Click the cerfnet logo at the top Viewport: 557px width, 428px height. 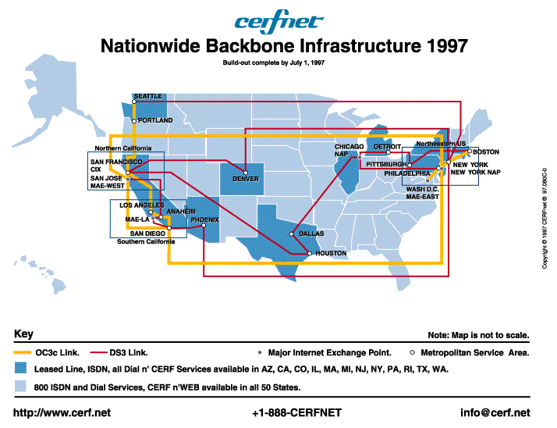(x=278, y=21)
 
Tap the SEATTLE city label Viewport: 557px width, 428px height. (x=148, y=96)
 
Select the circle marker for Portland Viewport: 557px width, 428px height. (x=134, y=121)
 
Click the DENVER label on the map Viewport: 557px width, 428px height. (x=246, y=179)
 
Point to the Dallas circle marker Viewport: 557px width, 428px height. (x=291, y=234)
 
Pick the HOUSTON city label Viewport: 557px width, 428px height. (x=331, y=253)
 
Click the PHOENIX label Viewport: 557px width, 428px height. (x=204, y=220)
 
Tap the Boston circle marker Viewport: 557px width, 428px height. (x=470, y=152)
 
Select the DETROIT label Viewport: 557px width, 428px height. (x=387, y=147)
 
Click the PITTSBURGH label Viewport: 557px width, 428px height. (x=386, y=164)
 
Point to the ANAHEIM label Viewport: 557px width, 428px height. (x=181, y=212)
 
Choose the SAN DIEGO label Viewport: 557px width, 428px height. (x=147, y=234)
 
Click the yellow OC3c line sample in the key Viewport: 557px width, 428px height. (x=22, y=352)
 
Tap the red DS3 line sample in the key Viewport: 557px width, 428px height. (x=98, y=352)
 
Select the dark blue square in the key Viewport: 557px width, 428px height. (x=20, y=368)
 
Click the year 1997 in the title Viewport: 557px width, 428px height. (x=447, y=46)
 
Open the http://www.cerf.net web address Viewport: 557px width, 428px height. (x=62, y=412)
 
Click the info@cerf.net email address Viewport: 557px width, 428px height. (x=495, y=412)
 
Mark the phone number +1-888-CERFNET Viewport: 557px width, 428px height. (x=296, y=412)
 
